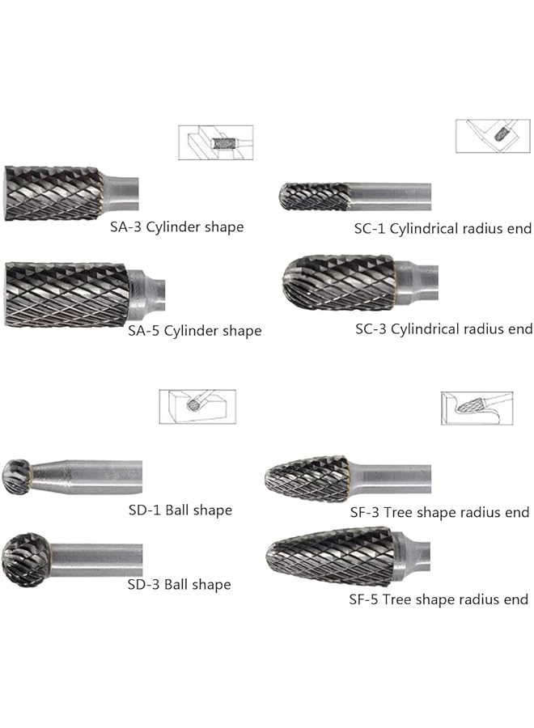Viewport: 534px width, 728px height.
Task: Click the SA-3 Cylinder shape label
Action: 176,227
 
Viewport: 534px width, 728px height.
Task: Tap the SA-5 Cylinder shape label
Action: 194,331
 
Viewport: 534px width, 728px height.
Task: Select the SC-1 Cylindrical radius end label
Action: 443,229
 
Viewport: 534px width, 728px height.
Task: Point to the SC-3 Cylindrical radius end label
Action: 443,329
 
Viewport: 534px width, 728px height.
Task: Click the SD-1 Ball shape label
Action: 180,510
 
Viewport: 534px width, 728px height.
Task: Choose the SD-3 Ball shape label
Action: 179,585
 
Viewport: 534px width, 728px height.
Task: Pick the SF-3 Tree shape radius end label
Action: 439,512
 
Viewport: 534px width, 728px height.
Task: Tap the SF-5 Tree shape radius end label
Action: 438,599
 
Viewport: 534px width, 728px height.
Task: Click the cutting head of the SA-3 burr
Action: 53,193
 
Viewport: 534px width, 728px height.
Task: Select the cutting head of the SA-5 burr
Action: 66,294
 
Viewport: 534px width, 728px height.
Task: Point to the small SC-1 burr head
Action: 314,197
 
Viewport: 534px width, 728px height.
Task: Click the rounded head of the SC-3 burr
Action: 338,280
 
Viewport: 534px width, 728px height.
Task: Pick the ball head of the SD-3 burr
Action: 25,560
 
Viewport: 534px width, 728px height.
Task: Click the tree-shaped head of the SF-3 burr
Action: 307,478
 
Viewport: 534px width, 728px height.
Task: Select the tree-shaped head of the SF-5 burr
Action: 331,557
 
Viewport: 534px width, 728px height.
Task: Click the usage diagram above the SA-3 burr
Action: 215,142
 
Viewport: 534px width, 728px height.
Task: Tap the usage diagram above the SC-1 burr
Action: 492,136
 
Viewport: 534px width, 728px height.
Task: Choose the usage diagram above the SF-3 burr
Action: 477,408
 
